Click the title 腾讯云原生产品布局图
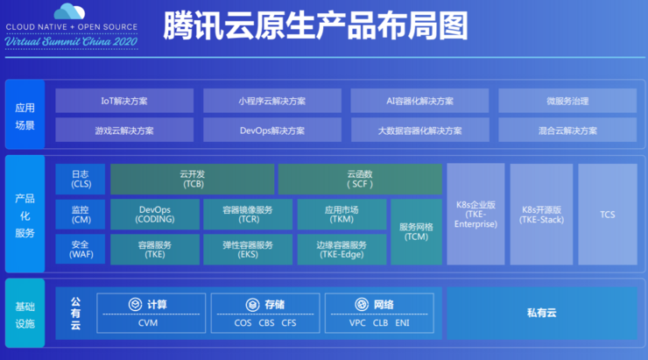[x=314, y=26]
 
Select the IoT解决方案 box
[x=124, y=101]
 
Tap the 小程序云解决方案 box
[x=271, y=101]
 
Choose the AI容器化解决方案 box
[x=419, y=101]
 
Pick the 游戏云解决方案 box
[x=124, y=131]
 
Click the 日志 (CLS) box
[x=81, y=179]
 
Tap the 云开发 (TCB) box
[x=191, y=179]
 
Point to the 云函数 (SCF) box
[x=359, y=179]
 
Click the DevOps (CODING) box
[x=156, y=215]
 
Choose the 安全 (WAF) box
[x=81, y=249]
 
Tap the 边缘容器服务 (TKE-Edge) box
[x=341, y=249]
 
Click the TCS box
[x=607, y=214]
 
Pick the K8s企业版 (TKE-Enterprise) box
[x=475, y=214]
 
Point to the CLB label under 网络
[x=380, y=323]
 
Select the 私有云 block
[x=541, y=312]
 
